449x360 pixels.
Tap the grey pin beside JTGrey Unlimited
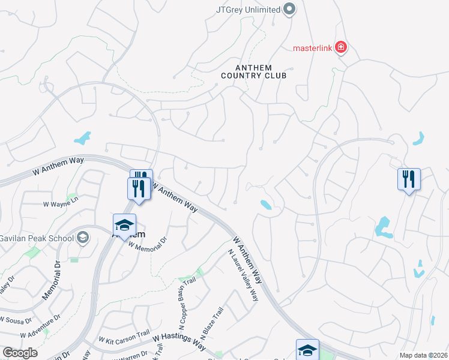(x=289, y=9)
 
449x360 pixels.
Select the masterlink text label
(x=312, y=48)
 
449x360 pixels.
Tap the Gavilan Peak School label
(x=36, y=238)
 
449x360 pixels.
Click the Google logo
(x=20, y=353)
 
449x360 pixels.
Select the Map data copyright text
(x=423, y=355)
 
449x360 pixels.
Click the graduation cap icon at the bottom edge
(x=307, y=349)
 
